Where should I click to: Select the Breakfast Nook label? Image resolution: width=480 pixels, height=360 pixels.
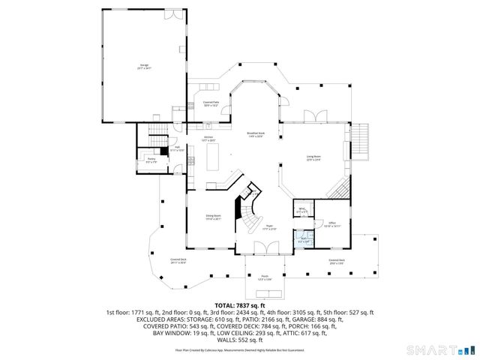[x=256, y=134]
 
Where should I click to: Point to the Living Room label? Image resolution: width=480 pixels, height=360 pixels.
[x=313, y=157]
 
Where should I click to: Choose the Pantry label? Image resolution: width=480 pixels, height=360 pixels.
[x=151, y=159]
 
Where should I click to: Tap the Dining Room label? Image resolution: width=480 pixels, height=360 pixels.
[x=214, y=217]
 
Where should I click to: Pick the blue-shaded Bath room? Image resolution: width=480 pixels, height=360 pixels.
[x=303, y=241]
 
